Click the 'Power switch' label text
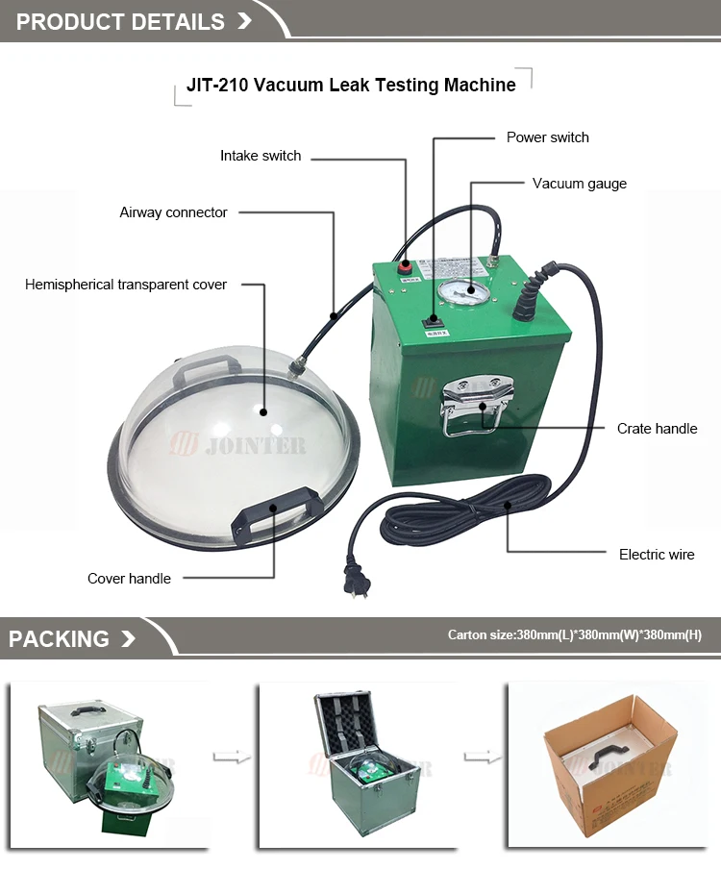point(547,137)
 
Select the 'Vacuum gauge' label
point(579,184)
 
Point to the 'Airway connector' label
point(173,212)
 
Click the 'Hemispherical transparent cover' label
point(126,285)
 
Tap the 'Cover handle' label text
point(129,579)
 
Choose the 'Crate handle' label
point(657,429)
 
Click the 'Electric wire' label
point(657,555)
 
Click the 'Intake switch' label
point(261,156)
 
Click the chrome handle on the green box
point(478,405)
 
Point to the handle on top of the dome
point(204,368)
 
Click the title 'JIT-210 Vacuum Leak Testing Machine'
point(351,86)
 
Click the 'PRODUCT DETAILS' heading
point(120,22)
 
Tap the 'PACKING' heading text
point(60,639)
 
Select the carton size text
point(574,635)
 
